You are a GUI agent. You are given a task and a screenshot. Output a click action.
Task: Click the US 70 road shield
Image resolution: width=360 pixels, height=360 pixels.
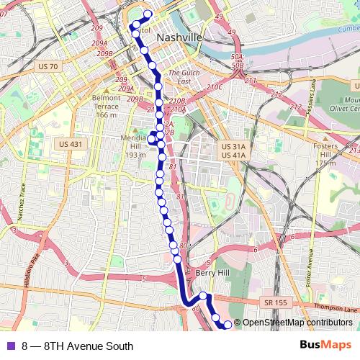(x=45, y=66)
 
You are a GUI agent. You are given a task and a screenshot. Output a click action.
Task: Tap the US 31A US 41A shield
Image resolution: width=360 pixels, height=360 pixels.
(x=234, y=150)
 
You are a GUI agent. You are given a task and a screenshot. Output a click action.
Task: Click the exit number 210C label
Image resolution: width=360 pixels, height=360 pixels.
(x=215, y=87)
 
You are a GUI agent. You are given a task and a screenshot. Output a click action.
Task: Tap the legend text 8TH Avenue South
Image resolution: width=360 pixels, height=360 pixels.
(x=88, y=346)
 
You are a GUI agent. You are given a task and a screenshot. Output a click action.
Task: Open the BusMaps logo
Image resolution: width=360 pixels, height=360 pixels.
(x=325, y=345)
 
